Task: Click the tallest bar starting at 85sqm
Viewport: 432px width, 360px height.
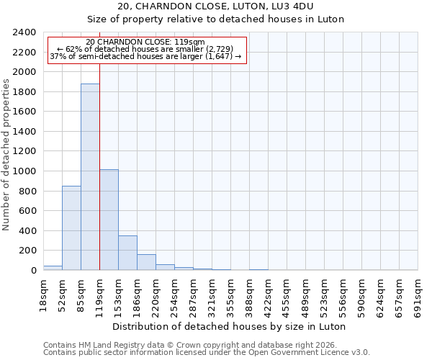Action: (x=90, y=177)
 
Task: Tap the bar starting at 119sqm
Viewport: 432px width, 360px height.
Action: (x=109, y=220)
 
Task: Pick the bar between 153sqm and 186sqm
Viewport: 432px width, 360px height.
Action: (x=127, y=253)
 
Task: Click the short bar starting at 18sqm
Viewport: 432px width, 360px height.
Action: (x=53, y=268)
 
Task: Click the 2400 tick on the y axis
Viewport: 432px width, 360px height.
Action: (x=25, y=32)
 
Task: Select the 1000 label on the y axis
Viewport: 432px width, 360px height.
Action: (x=25, y=171)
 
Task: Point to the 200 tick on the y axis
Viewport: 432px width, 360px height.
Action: (x=28, y=251)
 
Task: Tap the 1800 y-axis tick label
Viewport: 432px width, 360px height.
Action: (x=25, y=92)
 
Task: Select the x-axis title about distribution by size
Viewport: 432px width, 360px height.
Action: (x=230, y=326)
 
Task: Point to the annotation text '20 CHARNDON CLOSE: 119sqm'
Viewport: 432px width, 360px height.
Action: (x=145, y=42)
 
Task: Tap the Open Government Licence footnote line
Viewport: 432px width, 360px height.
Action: (x=207, y=353)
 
